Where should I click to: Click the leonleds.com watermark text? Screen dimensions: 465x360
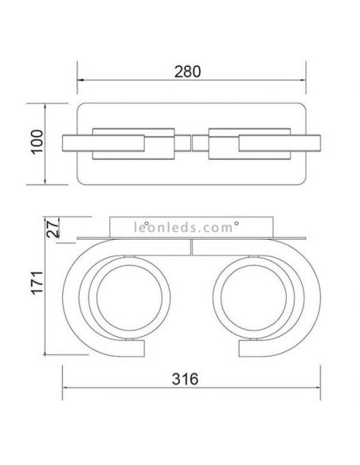[x=180, y=227]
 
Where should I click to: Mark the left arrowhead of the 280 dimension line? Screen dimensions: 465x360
[x=80, y=81]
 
